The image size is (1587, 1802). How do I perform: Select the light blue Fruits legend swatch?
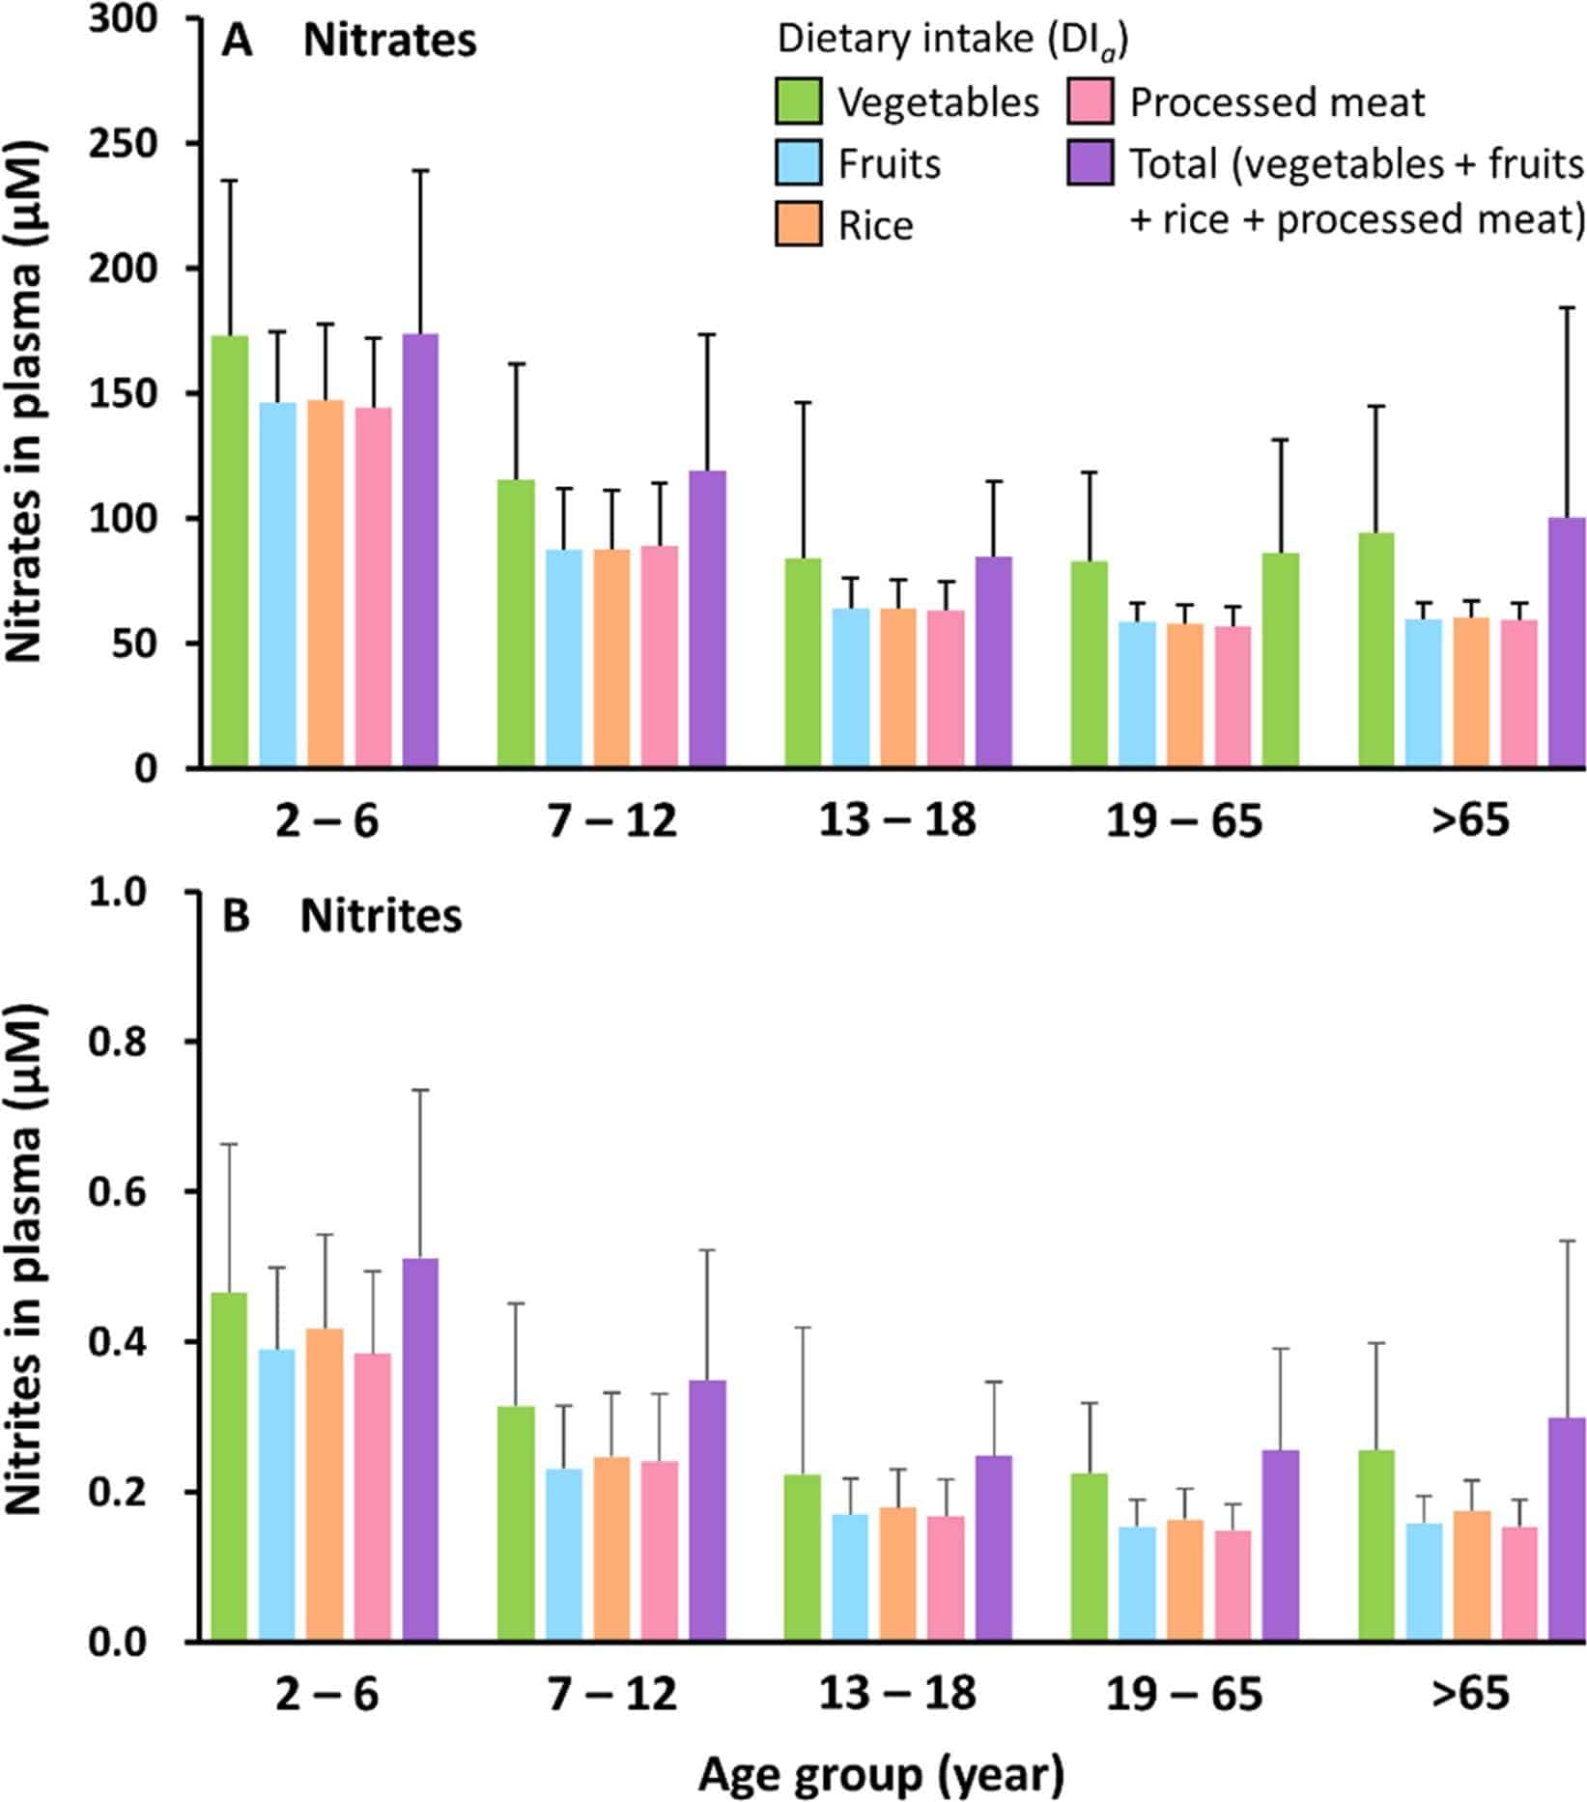pos(798,163)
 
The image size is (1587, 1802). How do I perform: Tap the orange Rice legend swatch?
pos(798,224)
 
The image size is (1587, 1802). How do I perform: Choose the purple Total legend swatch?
pos(1091,163)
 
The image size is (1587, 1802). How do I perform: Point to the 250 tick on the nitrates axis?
pos(201,143)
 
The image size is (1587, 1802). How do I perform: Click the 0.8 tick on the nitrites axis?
pos(201,1041)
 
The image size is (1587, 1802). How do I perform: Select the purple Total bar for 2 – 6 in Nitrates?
pos(420,551)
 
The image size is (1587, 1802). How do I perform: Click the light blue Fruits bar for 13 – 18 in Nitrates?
pos(851,688)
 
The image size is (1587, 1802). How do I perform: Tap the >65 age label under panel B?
pos(1470,1695)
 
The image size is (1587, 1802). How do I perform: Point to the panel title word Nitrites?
pos(381,916)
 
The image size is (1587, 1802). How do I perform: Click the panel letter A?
pos(237,43)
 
